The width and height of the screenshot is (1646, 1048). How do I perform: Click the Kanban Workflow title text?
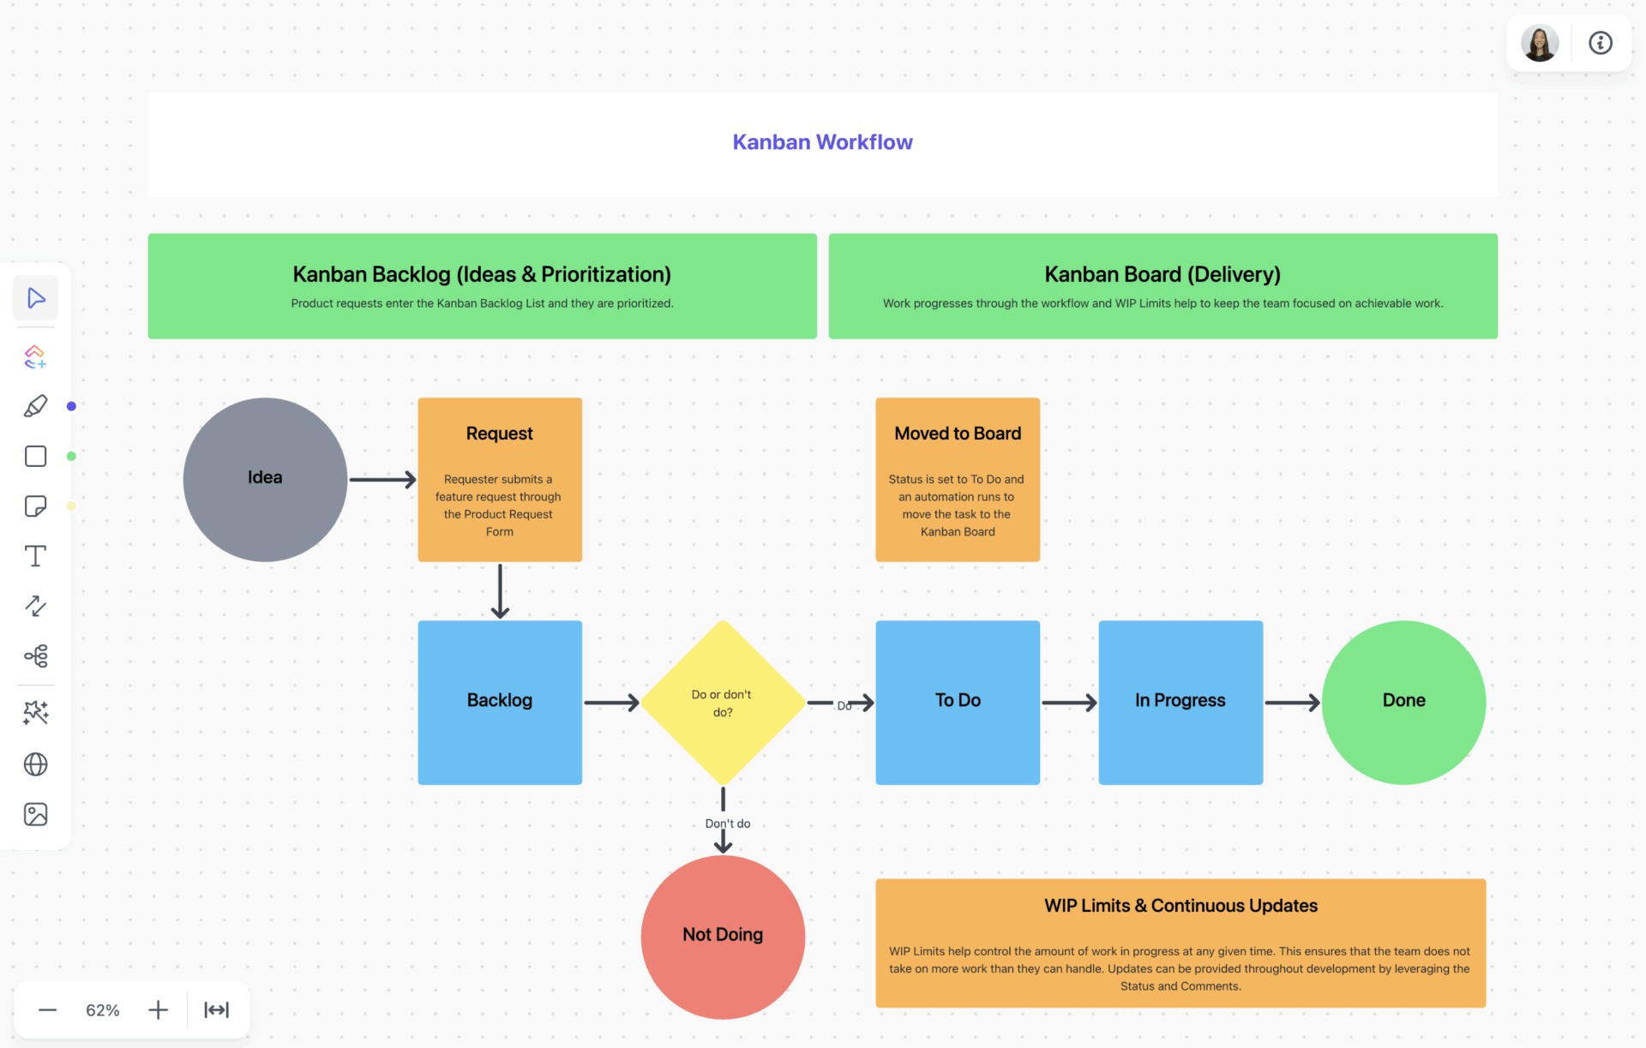coord(822,142)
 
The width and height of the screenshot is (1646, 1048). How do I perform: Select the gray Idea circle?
coord(265,479)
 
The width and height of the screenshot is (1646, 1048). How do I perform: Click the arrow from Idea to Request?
coord(381,479)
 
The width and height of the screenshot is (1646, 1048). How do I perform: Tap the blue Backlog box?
coord(500,702)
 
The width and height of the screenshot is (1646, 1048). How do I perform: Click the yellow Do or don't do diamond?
coord(723,703)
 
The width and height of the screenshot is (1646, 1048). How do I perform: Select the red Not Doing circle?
coord(723,936)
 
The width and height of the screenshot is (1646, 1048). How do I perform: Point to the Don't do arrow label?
coord(727,823)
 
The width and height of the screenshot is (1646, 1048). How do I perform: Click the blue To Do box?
coord(958,702)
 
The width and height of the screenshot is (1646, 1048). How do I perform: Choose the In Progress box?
coord(1180,702)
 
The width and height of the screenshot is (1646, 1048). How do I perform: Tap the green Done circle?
coord(1403,702)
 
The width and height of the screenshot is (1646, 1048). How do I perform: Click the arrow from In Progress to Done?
coord(1291,703)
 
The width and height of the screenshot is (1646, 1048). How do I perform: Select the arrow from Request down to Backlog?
coord(500,591)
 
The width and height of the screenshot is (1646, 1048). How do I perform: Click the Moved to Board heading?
coord(958,434)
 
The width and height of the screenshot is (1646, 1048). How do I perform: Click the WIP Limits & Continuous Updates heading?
coord(1180,906)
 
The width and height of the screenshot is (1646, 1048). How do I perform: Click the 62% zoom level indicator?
coord(102,1010)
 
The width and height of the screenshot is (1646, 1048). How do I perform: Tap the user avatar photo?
coord(1539,43)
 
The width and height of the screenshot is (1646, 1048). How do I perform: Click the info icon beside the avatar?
coord(1601,43)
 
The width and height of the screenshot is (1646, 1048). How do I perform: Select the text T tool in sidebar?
coord(35,556)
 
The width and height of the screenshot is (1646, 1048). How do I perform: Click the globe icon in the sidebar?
coord(35,764)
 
